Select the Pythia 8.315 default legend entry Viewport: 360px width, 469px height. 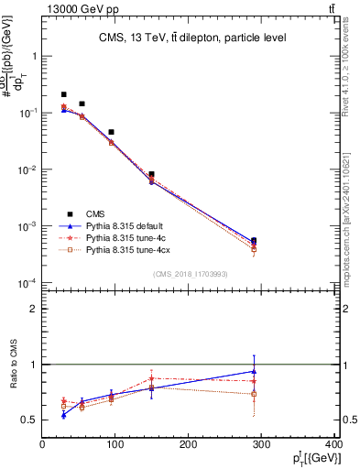click(x=125, y=225)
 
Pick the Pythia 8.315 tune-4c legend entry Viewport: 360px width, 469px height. click(x=125, y=237)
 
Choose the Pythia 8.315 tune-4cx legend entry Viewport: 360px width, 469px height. click(x=126, y=249)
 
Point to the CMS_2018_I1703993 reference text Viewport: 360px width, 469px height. click(x=191, y=273)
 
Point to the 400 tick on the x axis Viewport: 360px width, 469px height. click(x=333, y=445)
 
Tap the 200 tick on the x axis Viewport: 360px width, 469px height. click(x=188, y=445)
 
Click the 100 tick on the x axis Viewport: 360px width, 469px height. click(x=115, y=445)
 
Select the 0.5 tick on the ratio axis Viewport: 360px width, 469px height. click(x=30, y=420)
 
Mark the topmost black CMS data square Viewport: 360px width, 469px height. click(x=63, y=94)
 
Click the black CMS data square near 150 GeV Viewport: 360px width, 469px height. click(x=151, y=174)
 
